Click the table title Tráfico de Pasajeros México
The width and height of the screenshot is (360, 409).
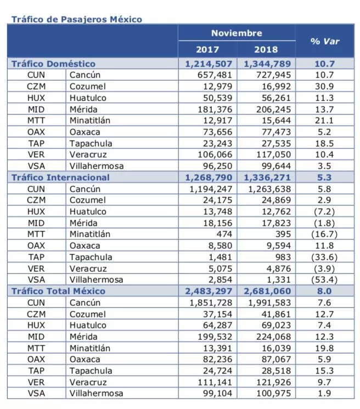[77, 19]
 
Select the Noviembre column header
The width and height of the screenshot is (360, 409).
[237, 33]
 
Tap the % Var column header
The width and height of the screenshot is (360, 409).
[325, 41]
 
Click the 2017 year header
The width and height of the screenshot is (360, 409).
[207, 49]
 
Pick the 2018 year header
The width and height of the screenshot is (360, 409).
[266, 49]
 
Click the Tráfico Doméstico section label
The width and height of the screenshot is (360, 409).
[53, 64]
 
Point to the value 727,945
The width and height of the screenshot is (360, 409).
[273, 75]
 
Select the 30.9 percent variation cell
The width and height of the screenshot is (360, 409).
[324, 86]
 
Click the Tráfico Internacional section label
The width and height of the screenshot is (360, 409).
[60, 177]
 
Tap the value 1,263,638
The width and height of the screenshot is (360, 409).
[269, 189]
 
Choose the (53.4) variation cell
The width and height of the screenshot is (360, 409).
[324, 279]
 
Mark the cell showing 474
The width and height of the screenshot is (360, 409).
[224, 234]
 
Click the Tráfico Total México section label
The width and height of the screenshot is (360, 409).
[58, 291]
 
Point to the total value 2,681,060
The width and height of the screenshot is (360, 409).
[267, 291]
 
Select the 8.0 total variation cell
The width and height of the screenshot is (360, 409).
[324, 291]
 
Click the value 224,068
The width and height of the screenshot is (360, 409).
[273, 337]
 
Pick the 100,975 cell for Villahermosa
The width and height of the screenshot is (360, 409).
[273, 393]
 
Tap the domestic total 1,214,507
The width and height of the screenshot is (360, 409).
[209, 64]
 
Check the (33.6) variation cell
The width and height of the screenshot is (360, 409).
[324, 257]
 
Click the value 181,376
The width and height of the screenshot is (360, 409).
[215, 109]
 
